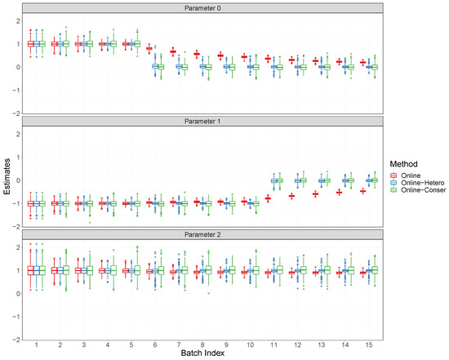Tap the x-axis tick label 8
(196, 345)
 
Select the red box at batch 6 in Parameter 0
(149, 48)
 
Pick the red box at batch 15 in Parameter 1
(362, 191)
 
